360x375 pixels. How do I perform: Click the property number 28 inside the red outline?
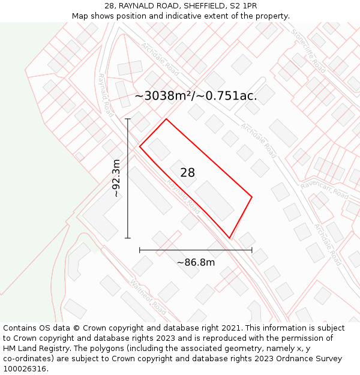(187, 173)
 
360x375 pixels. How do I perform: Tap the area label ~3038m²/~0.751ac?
(196, 96)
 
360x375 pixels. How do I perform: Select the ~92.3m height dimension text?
(116, 178)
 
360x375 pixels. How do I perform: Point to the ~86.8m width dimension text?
(196, 262)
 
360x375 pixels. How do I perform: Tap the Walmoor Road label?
(148, 298)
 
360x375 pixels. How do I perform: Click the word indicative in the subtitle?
(198, 16)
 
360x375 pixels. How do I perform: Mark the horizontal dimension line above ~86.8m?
(196, 250)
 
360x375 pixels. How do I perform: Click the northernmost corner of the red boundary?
(166, 119)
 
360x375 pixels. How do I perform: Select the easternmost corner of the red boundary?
(251, 197)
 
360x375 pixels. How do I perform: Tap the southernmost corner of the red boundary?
(229, 238)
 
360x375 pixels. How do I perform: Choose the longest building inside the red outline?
(214, 200)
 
